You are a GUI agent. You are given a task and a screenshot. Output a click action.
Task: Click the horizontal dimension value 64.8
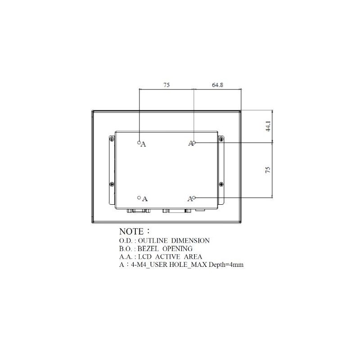217,85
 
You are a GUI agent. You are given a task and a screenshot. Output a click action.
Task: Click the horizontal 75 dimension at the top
166,85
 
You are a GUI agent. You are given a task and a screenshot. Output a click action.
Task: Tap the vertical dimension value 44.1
268,126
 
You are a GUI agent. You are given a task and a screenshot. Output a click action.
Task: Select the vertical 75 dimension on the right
268,170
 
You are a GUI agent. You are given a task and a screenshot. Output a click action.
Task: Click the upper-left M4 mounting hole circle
139,142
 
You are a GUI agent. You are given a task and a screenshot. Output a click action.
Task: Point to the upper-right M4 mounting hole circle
194,143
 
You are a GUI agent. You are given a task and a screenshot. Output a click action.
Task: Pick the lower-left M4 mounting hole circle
139,197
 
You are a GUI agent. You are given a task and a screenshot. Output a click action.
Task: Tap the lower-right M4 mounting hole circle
194,198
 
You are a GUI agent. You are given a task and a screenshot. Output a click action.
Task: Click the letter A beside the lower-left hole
145,198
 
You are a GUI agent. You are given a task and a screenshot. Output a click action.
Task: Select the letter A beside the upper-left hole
144,144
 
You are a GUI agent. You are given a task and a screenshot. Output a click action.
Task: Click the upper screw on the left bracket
111,139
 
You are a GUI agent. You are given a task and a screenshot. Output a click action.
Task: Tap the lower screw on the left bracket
111,184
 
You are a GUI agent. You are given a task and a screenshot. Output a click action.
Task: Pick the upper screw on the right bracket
220,139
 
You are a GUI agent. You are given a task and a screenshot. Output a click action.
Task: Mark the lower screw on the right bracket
220,184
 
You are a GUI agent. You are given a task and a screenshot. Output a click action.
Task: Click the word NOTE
131,232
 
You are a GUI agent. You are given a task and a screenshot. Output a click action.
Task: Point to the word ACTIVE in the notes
167,257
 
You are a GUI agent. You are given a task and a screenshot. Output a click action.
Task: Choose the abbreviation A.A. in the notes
126,257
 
